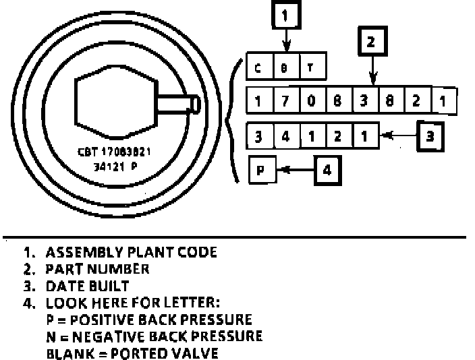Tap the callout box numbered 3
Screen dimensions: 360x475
429,135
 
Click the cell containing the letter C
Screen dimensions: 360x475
259,68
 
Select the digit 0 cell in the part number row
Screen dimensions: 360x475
310,101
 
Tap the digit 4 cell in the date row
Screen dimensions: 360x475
285,135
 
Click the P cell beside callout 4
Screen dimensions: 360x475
262,171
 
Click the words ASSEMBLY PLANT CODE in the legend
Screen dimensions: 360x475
132,253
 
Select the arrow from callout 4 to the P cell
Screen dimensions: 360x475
294,170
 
